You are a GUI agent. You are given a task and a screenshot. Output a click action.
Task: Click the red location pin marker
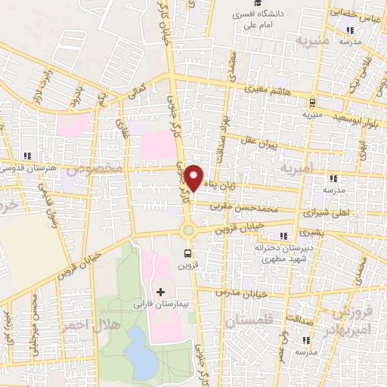(x=194, y=178)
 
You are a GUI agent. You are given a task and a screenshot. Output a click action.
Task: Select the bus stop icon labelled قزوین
(x=187, y=254)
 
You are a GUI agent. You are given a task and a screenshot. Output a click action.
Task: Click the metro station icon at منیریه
(x=311, y=103)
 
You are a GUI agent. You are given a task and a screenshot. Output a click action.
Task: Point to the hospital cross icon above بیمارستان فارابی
(x=159, y=291)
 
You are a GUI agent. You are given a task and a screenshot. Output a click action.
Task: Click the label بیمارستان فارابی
(x=161, y=302)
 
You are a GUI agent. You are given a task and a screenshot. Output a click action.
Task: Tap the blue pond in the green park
(x=140, y=351)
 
